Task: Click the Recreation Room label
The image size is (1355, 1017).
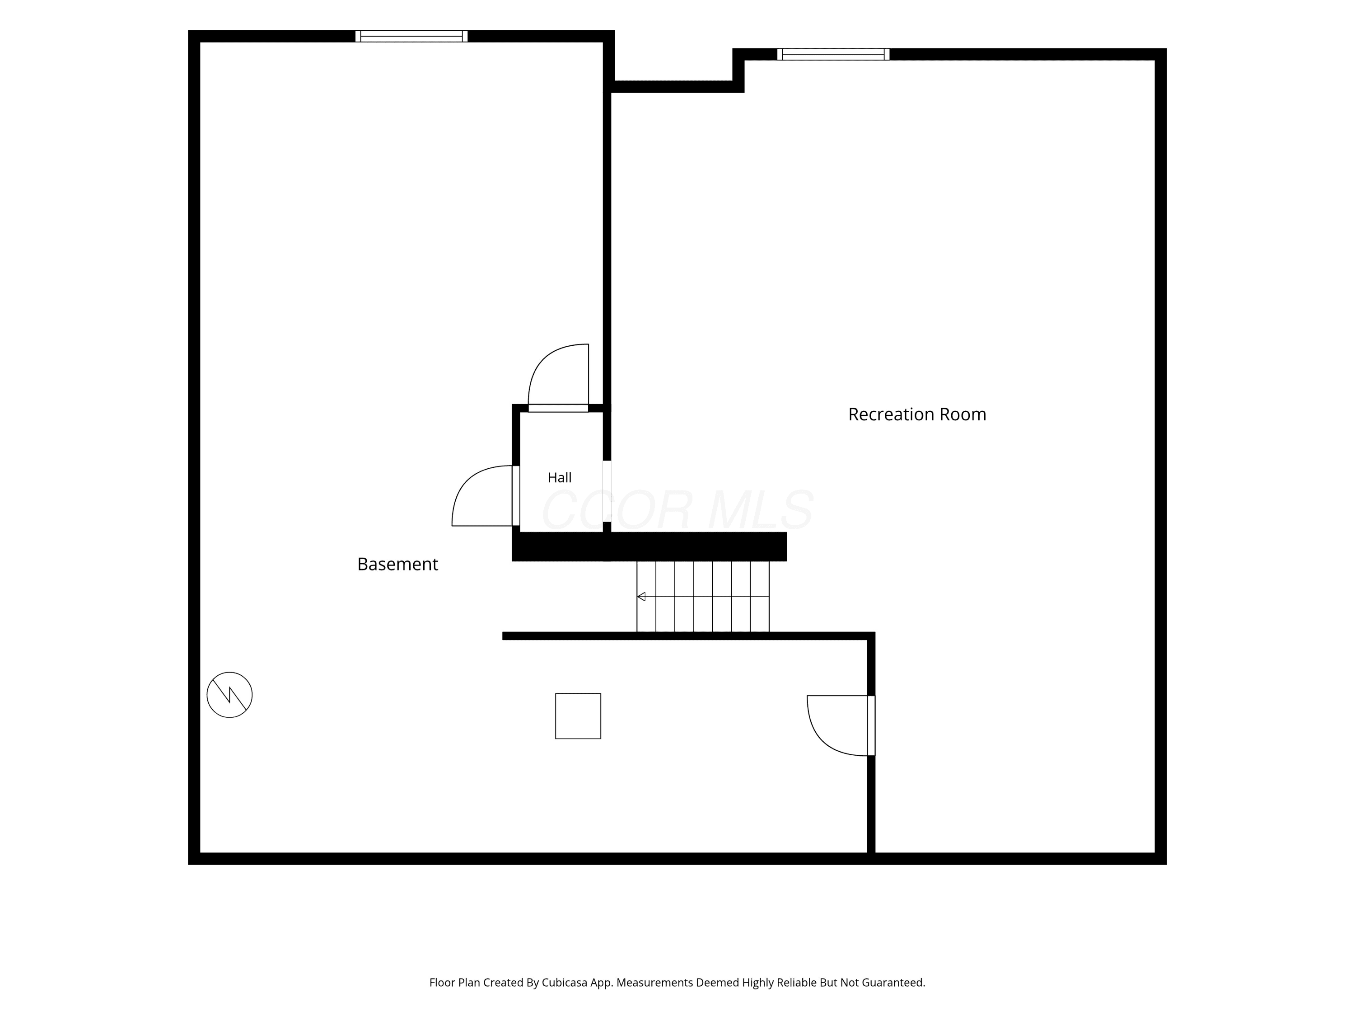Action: coord(917,414)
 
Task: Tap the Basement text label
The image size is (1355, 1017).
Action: coord(397,564)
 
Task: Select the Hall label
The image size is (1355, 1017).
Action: coord(559,478)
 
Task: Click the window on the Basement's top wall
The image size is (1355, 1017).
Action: coord(411,36)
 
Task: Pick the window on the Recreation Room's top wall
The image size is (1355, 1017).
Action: coord(833,54)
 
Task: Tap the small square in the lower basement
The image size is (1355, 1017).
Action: coord(578,716)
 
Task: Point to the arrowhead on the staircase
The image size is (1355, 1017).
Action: coord(641,597)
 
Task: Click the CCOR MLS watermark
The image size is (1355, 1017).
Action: coord(677,510)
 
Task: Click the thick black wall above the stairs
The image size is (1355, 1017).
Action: coord(649,546)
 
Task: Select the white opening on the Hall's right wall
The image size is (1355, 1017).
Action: coord(607,491)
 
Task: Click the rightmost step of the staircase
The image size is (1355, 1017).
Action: coord(760,597)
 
